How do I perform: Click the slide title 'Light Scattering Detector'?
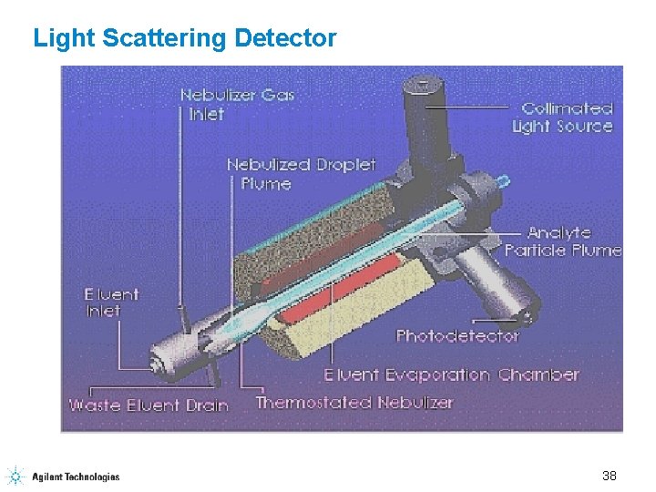tap(185, 38)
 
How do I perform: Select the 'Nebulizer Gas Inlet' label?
tap(237, 104)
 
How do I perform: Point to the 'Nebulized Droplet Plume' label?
tap(301, 173)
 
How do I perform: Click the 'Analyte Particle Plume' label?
tap(563, 241)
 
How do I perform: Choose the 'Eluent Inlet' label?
tap(111, 302)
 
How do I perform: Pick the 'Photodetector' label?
tap(456, 335)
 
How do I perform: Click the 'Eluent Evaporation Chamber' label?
tap(451, 374)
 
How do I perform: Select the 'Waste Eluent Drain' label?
tap(149, 404)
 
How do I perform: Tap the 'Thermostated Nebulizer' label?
tap(354, 402)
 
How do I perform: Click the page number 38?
tap(610, 475)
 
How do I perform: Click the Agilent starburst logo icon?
tap(15, 475)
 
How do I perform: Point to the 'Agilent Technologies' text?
tap(76, 476)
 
